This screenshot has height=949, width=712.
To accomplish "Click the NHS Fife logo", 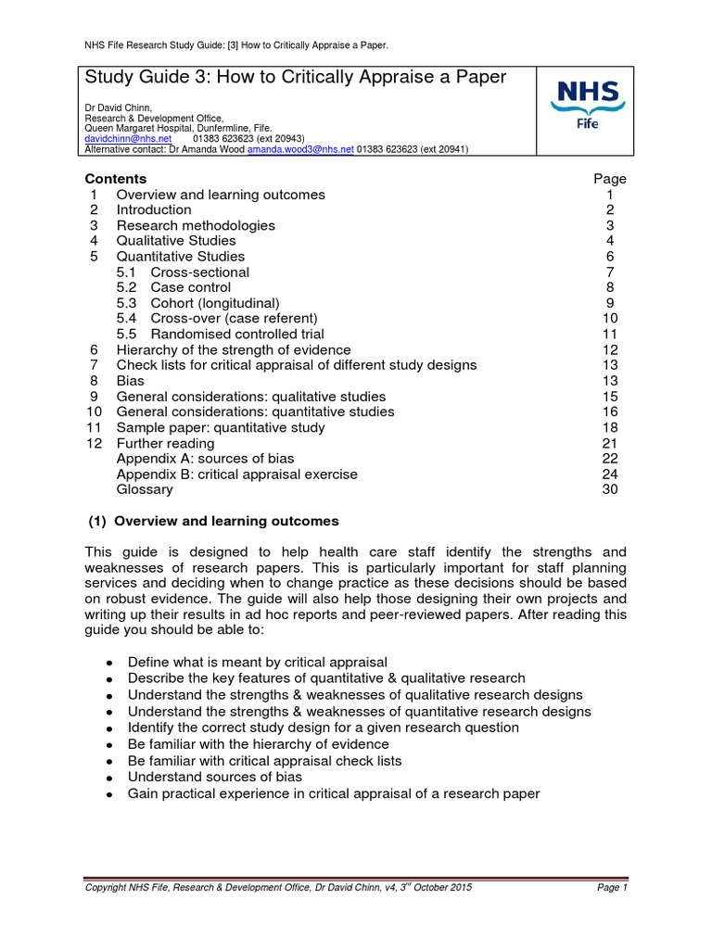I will [x=587, y=109].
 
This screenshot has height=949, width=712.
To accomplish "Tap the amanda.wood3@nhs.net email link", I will [x=300, y=148].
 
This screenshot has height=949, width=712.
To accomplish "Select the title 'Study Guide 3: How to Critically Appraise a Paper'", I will [x=296, y=78].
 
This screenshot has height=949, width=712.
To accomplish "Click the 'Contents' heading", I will [x=115, y=179].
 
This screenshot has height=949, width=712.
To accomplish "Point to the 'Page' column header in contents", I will [x=609, y=179].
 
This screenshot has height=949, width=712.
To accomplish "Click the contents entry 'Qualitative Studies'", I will [x=175, y=241].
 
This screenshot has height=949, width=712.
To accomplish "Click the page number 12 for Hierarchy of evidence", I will [x=609, y=349].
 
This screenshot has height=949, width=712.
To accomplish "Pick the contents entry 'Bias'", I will [x=130, y=381].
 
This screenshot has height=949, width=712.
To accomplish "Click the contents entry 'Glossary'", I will [x=144, y=489].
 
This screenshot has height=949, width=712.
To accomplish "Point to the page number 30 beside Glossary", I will [x=609, y=489].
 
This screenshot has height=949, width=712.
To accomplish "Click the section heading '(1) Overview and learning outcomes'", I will [x=212, y=521].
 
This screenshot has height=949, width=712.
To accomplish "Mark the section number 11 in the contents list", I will [x=94, y=427].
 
